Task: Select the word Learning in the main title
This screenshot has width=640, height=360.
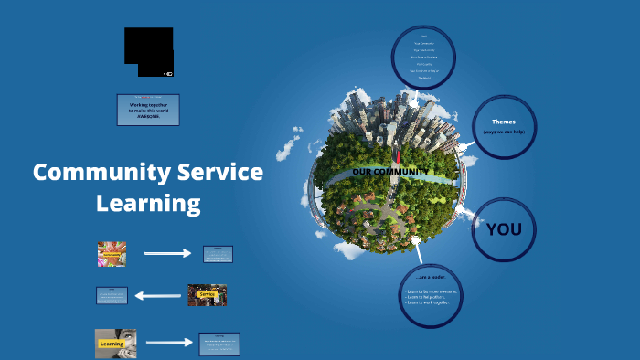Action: coord(148,203)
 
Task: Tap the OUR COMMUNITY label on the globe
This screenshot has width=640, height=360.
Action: coord(389,171)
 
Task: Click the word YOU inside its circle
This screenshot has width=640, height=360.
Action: coord(504,228)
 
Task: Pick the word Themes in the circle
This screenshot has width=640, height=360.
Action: coord(504,122)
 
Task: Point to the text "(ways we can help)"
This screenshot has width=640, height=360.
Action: coord(504,133)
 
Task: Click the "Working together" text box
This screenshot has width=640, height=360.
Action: coord(148,110)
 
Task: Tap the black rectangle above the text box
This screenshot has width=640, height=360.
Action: coord(149,51)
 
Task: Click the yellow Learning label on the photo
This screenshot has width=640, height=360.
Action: coord(111,344)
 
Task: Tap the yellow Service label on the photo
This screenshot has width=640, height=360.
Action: coord(207,294)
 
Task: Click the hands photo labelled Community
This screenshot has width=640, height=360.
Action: coord(112,253)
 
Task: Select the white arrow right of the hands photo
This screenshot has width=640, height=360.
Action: coord(167,253)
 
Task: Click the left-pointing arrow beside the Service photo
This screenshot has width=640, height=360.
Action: coord(159,295)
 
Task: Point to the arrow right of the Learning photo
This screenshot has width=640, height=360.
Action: coord(169,343)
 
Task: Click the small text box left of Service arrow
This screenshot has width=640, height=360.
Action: coord(112,295)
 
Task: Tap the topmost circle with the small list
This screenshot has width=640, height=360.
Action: coord(423,58)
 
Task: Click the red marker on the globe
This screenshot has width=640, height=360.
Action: coord(399,156)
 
